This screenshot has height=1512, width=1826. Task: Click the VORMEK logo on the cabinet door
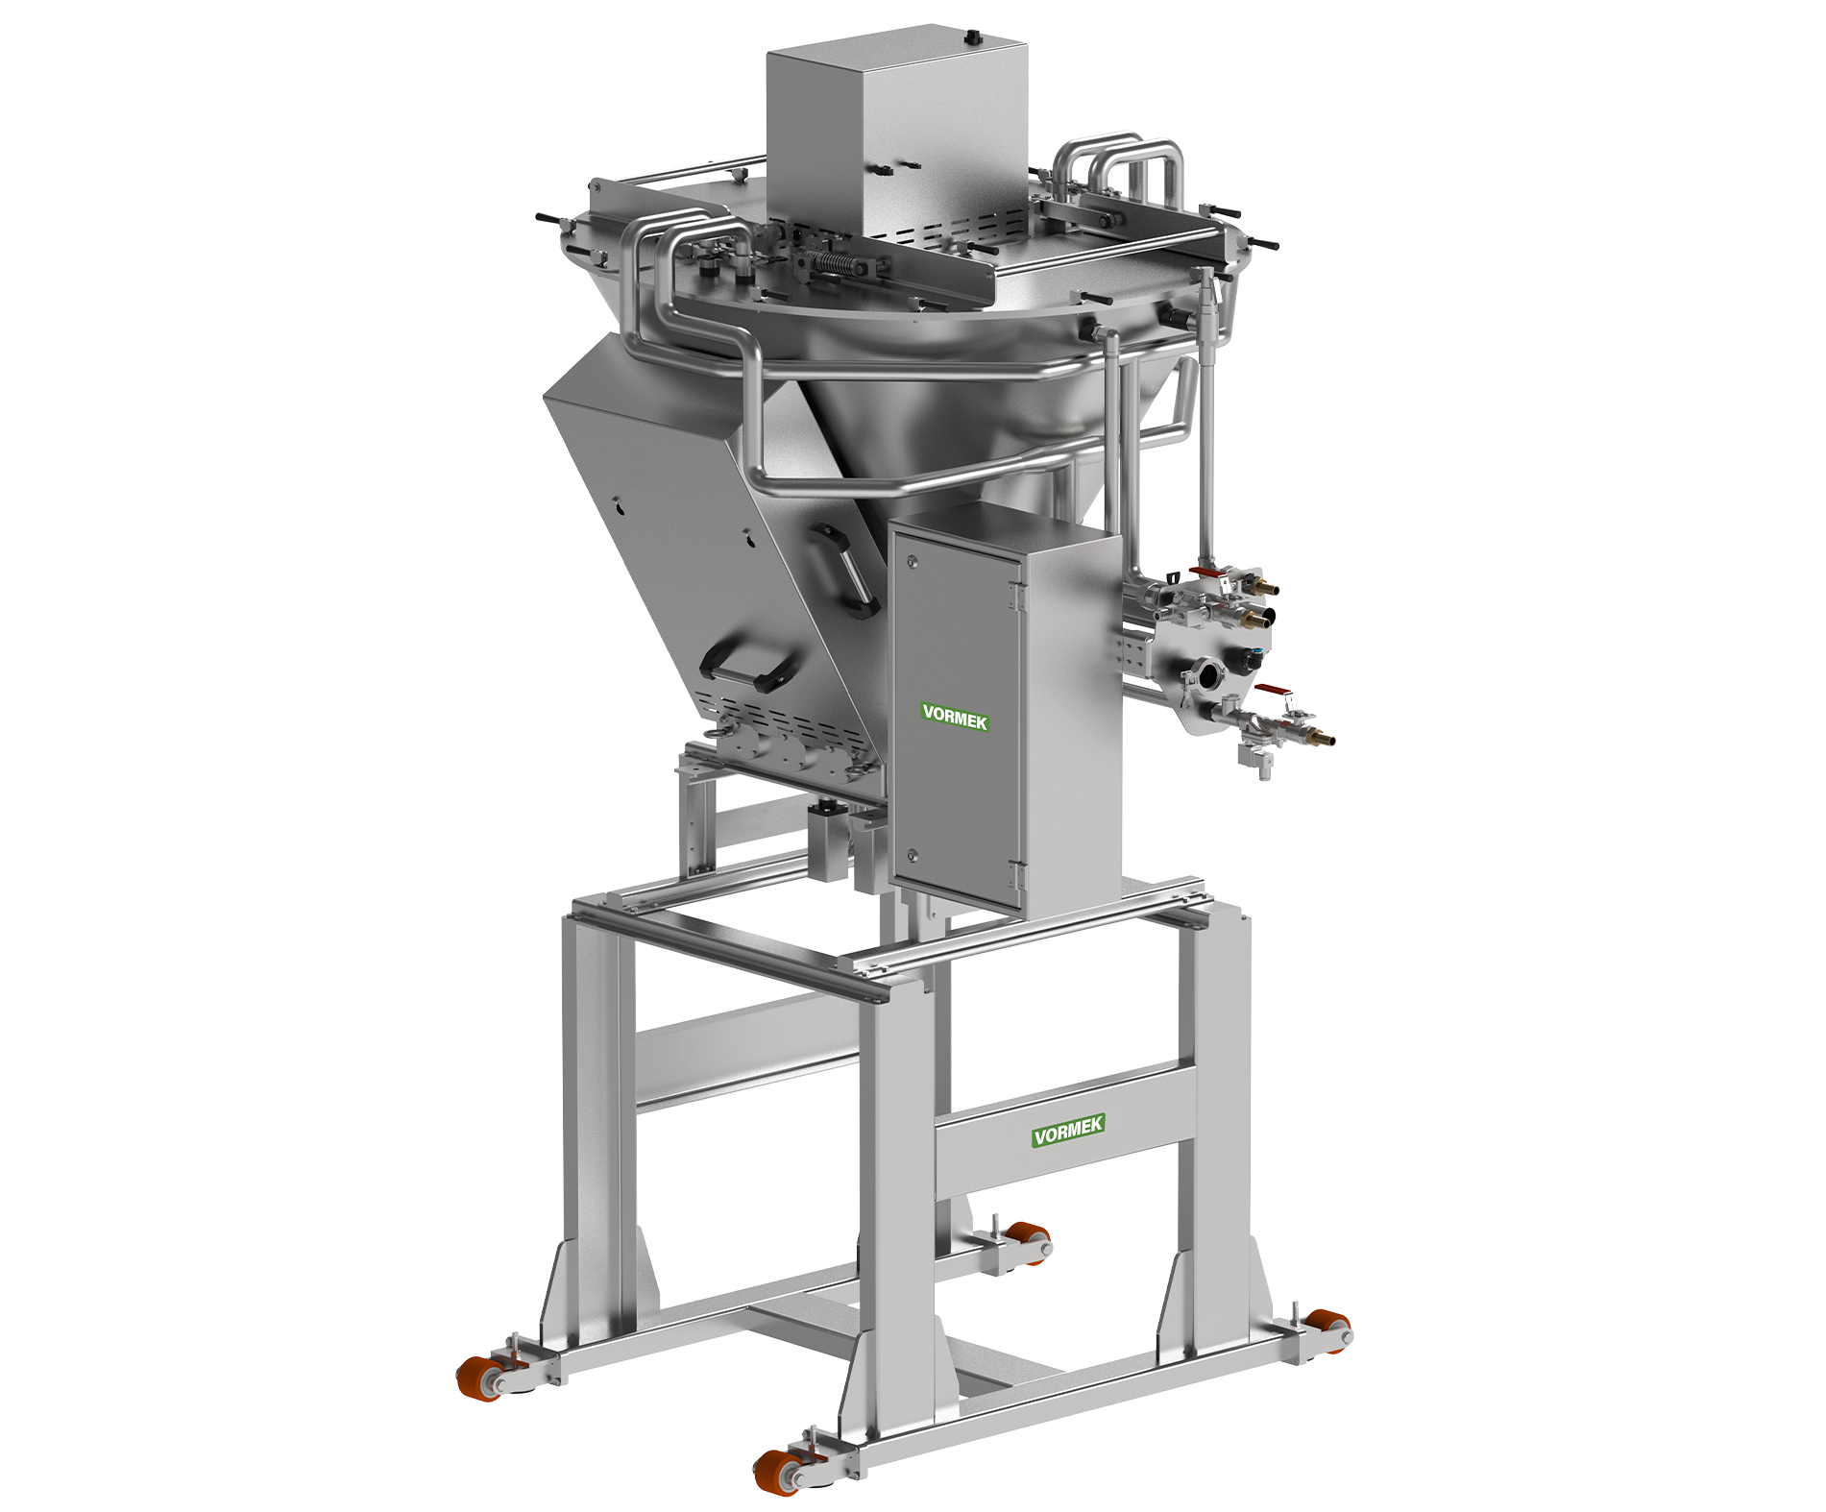click(955, 718)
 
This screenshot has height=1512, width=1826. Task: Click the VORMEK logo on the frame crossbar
click(1068, 1131)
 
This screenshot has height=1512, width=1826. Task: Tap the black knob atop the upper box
click(971, 37)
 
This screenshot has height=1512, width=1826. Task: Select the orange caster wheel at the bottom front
click(774, 1470)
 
